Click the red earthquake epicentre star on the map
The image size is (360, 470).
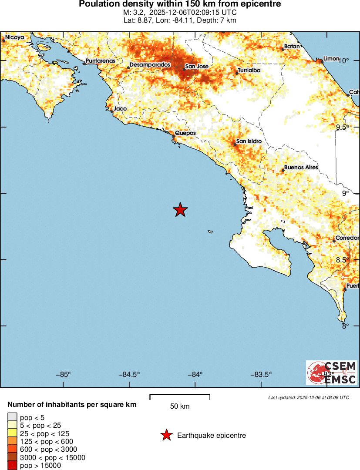[180, 210]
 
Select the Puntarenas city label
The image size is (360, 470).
[101, 61]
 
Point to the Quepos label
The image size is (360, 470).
[185, 133]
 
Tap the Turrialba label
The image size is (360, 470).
[249, 70]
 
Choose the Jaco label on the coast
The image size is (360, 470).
[120, 109]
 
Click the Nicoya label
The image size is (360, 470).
[14, 38]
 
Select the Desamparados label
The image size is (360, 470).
[150, 65]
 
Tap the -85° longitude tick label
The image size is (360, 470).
[64, 374]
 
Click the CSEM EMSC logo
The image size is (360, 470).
[332, 373]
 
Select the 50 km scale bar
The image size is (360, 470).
[180, 396]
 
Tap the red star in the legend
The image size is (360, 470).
[166, 435]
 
